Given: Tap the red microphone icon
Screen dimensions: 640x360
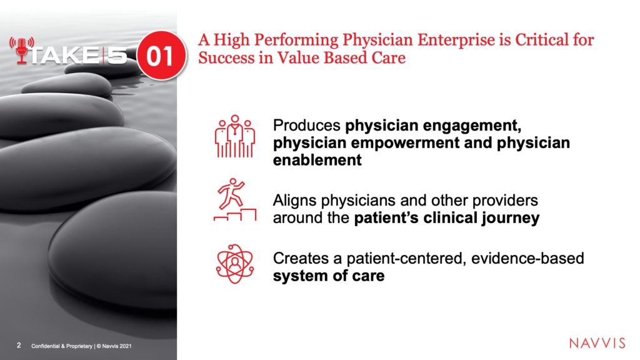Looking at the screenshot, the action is (22, 51).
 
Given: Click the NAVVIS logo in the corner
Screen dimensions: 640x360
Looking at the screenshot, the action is (597, 343).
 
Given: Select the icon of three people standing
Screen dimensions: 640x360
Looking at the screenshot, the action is (235, 136).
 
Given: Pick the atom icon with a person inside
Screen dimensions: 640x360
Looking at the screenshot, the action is (235, 264).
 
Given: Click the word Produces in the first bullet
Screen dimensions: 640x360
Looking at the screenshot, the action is (306, 125).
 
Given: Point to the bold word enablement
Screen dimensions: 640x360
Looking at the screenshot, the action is (317, 160).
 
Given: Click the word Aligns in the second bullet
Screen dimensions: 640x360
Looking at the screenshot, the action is (294, 201).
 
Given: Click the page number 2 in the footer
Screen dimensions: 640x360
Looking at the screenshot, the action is (19, 345).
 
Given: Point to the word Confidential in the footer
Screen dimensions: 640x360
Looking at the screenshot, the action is (45, 346).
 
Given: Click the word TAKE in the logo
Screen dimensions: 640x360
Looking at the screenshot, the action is (63, 56).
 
